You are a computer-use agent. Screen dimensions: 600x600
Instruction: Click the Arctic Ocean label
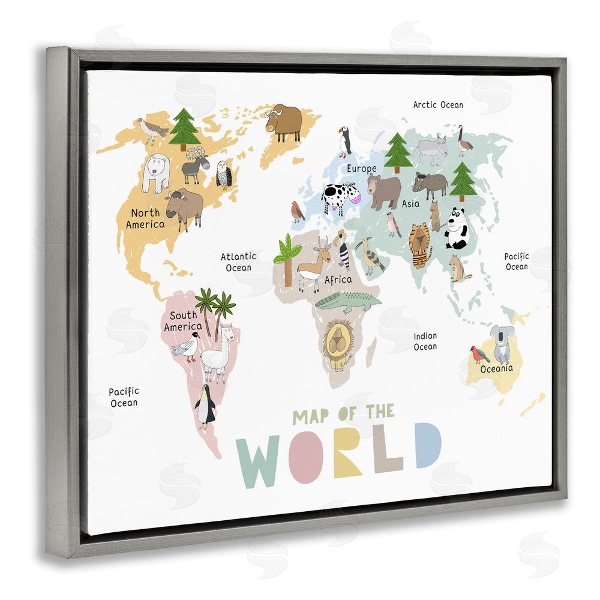(438, 105)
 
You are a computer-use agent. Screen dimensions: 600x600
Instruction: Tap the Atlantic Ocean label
(238, 262)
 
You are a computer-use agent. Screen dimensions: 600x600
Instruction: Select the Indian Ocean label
(425, 341)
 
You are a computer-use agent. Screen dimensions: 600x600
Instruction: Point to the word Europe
(361, 169)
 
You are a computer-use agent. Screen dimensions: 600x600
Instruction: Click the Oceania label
(496, 368)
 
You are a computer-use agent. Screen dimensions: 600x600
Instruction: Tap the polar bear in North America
(157, 172)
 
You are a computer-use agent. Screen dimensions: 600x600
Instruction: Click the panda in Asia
(457, 229)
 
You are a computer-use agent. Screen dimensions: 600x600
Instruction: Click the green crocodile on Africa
(347, 302)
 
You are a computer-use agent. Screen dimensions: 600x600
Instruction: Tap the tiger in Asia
(420, 244)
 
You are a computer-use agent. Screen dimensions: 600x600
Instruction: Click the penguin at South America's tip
(205, 407)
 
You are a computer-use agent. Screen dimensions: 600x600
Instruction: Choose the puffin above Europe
(344, 142)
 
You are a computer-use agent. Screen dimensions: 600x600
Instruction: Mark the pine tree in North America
(184, 128)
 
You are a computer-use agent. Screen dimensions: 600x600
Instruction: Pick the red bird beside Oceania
(479, 355)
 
